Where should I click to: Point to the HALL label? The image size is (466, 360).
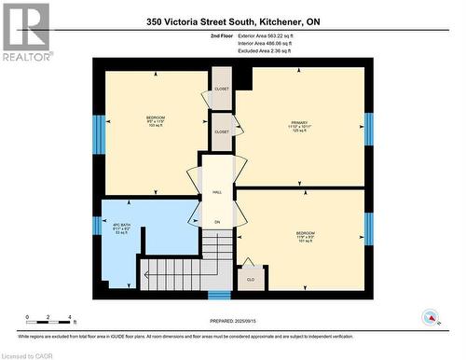[216, 192]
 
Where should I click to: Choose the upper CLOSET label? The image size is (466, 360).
[221, 90]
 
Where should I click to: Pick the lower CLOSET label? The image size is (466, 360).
[221, 132]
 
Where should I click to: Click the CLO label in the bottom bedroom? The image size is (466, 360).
[250, 278]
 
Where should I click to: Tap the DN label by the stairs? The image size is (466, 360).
[216, 222]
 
